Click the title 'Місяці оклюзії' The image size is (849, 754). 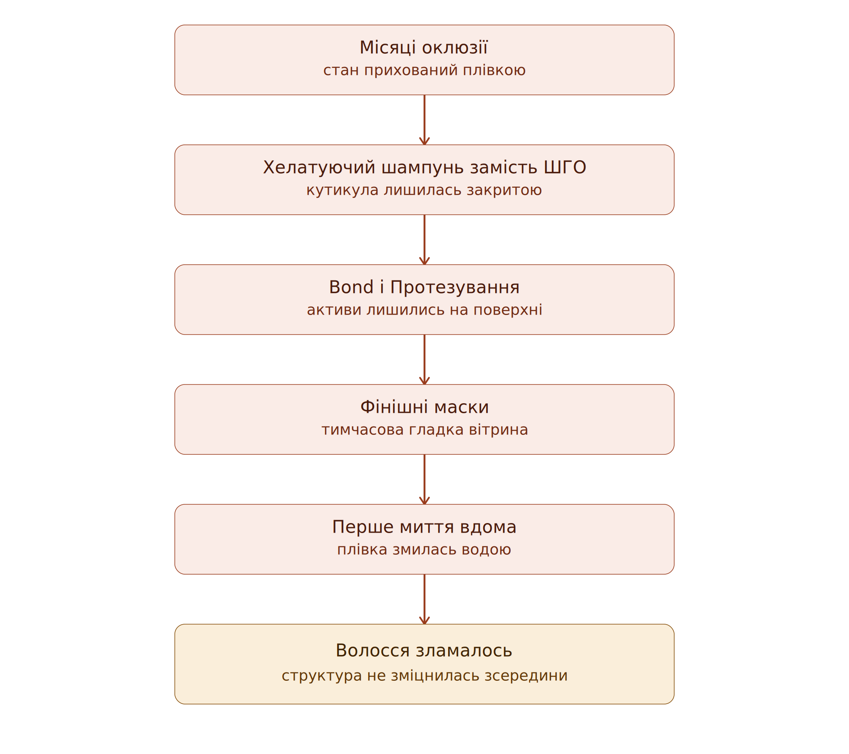click(424, 47)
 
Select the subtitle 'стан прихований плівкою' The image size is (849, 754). click(424, 70)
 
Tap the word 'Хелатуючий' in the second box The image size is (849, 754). click(319, 168)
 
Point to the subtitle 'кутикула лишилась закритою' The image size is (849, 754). click(424, 190)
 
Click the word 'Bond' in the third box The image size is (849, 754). click(351, 287)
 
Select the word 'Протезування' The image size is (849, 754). click(455, 288)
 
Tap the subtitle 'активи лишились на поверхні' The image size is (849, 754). click(424, 310)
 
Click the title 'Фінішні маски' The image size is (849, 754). click(424, 407)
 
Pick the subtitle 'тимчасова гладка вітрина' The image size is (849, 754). click(424, 430)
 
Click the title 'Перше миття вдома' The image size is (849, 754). click(424, 527)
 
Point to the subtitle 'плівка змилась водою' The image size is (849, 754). click(424, 550)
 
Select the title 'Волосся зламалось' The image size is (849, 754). click(424, 651)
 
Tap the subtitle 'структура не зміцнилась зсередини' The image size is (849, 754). click(424, 675)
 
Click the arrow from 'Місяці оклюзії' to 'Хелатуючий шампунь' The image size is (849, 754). click(424, 120)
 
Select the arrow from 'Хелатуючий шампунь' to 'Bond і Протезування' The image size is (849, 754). click(424, 240)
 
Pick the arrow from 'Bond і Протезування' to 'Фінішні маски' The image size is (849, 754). click(424, 360)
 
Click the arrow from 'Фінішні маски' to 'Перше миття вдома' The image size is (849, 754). click(424, 479)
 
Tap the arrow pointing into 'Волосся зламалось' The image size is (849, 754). click(424, 599)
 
